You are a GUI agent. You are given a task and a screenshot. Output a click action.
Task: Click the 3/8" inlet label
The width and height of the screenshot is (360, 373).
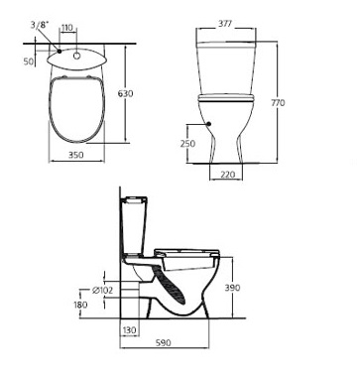click(x=40, y=25)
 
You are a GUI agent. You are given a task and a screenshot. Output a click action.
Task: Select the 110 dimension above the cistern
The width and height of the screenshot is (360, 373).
click(x=67, y=28)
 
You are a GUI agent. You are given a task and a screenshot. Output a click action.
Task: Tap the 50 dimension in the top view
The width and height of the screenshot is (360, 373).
click(x=29, y=62)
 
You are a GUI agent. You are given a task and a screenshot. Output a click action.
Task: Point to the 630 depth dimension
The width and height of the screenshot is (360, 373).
click(x=126, y=93)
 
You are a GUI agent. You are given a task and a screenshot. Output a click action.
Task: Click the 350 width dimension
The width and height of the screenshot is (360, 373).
click(x=76, y=155)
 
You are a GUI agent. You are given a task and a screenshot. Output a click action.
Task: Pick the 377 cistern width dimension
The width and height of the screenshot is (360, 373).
click(x=225, y=24)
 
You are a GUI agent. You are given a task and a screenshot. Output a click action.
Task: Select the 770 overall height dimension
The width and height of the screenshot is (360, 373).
click(x=278, y=103)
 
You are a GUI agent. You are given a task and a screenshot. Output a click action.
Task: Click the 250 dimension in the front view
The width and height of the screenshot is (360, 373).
click(x=187, y=144)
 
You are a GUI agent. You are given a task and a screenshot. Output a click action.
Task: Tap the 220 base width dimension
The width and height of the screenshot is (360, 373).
click(x=227, y=175)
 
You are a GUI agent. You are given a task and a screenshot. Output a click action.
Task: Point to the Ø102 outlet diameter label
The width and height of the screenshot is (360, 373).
click(x=102, y=291)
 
